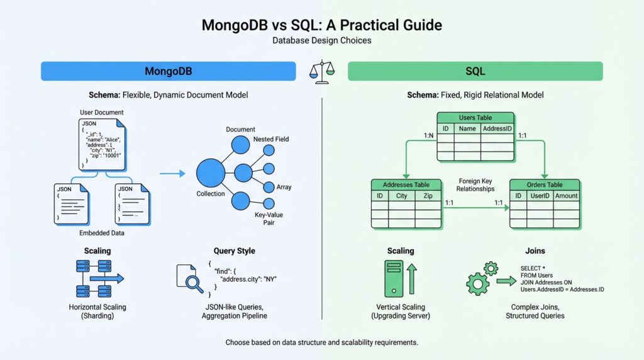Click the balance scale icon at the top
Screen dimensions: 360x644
click(x=321, y=71)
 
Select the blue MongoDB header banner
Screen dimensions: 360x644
click(x=168, y=71)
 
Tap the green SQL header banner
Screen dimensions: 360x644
click(x=475, y=71)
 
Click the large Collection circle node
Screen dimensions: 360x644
click(x=211, y=172)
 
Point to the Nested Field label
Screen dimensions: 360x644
click(x=271, y=139)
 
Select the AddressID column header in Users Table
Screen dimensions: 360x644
click(x=497, y=128)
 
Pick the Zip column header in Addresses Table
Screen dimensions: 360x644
click(x=428, y=196)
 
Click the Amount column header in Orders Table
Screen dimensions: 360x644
click(x=566, y=196)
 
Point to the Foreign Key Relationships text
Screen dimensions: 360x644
click(x=476, y=184)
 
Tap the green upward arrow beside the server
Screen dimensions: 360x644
click(x=413, y=278)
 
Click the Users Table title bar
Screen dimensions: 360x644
click(x=475, y=118)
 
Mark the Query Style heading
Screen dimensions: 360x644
click(x=234, y=250)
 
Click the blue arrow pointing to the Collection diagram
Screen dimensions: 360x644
click(x=172, y=173)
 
